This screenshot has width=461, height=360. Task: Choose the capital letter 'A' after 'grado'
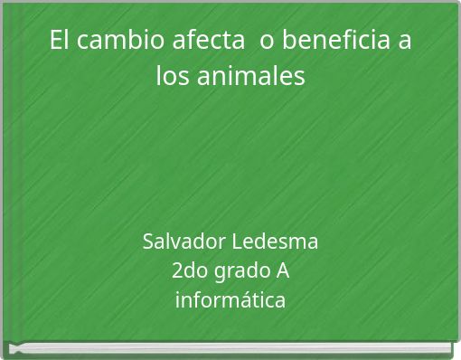pos(282,270)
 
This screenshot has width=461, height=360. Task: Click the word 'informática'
pos(230,298)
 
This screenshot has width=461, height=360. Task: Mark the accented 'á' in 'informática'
pos(255,298)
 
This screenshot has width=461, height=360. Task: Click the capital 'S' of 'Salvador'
pos(148,242)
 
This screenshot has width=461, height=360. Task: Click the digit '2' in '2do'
pos(176,270)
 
